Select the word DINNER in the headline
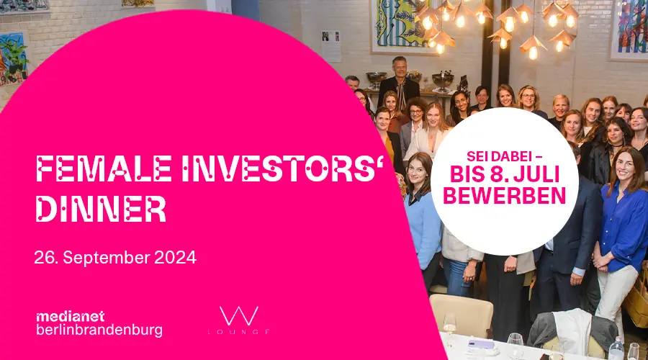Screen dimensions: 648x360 tap(101, 209)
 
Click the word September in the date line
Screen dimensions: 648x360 tap(107, 258)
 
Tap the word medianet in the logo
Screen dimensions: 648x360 tap(71, 317)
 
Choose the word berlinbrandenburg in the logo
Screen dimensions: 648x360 tap(99, 330)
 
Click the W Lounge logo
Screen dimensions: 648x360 tap(239, 320)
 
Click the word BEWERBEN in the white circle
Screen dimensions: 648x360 tap(504, 196)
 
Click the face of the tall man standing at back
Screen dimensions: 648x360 tap(400, 68)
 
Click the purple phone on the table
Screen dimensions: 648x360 tap(481, 344)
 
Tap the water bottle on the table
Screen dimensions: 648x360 tap(616, 348)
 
